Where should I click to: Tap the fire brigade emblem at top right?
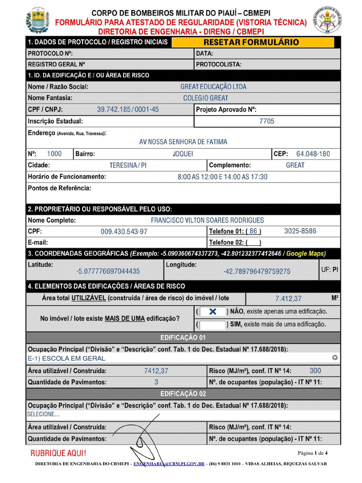coord(325,20)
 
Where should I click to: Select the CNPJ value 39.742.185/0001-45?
coord(128,109)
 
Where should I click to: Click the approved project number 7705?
coord(267,121)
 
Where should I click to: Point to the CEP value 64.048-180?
coord(313,154)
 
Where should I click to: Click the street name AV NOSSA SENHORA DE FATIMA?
coord(183,142)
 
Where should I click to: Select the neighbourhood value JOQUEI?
coord(183,154)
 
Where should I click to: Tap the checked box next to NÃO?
coord(212,312)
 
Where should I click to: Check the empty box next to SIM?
coord(212,325)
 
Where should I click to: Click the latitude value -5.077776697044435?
coord(108,271)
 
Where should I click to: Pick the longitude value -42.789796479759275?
coord(257,271)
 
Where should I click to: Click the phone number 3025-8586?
coord(300,231)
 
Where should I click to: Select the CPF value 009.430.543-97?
coord(124,232)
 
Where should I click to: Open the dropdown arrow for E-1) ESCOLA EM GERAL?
coord(335,358)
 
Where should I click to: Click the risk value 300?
coord(315,371)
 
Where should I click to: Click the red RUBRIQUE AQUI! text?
coord(58,453)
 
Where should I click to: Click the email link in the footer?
coord(169,464)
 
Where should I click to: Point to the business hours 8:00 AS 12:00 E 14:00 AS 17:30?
coord(222,177)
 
